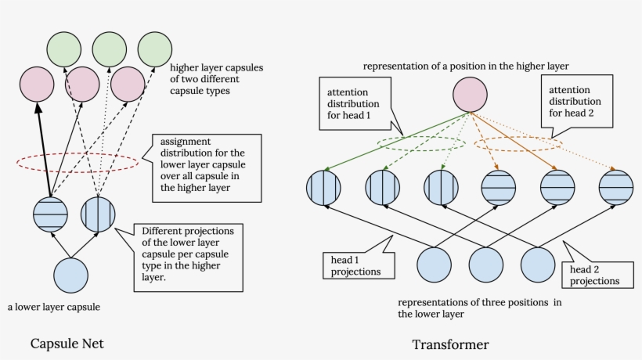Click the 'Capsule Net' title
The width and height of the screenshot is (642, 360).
(67, 344)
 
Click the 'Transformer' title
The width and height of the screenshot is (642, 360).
(450, 344)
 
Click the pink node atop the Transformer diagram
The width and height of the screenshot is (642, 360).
(471, 96)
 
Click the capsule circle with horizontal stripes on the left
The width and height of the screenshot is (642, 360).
(51, 215)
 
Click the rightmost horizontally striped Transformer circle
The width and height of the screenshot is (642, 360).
(615, 187)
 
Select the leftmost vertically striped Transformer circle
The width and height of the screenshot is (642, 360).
(323, 187)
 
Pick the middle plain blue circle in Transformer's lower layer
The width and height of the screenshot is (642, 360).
(486, 265)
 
